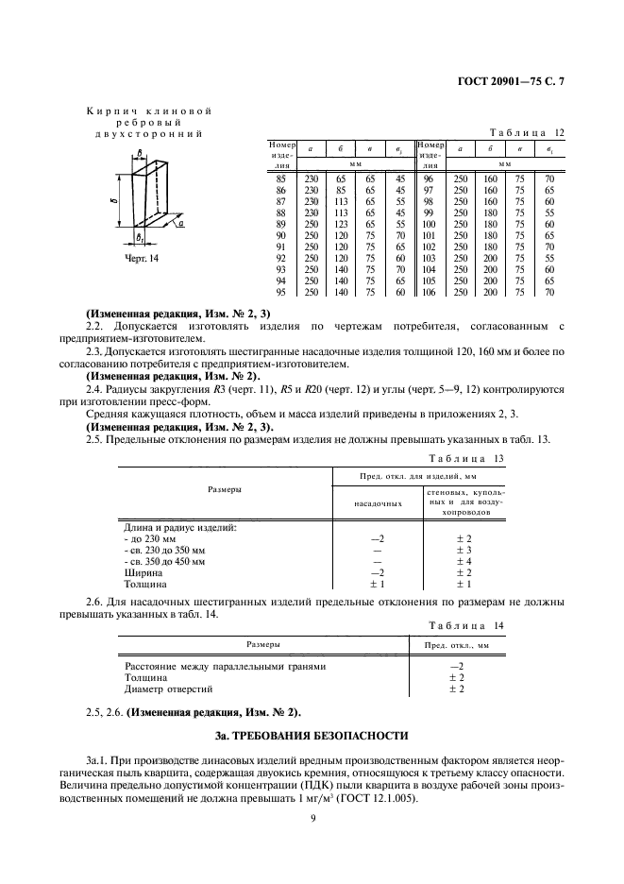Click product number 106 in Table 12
pos(428,292)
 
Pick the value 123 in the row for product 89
pos(336,224)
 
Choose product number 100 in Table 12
pos(428,224)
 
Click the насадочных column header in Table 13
pos(379,503)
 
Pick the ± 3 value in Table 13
pos(464,549)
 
